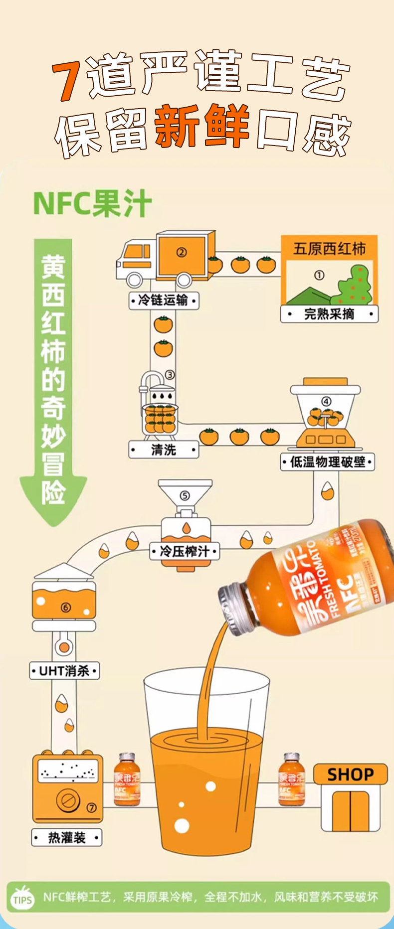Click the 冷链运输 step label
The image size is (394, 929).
(163, 300)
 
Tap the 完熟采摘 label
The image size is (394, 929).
(329, 314)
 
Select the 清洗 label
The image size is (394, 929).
(164, 450)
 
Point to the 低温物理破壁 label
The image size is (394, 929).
(328, 462)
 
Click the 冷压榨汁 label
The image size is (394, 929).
(185, 551)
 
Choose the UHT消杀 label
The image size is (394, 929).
(64, 671)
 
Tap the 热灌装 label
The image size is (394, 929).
(67, 838)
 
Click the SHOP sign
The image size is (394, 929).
(350, 774)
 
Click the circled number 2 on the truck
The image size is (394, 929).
(182, 252)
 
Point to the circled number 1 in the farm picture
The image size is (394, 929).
(319, 275)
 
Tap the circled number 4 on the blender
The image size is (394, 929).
(326, 401)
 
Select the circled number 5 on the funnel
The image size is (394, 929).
(185, 495)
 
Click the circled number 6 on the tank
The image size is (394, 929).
(66, 607)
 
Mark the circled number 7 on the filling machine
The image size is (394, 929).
(92, 808)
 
